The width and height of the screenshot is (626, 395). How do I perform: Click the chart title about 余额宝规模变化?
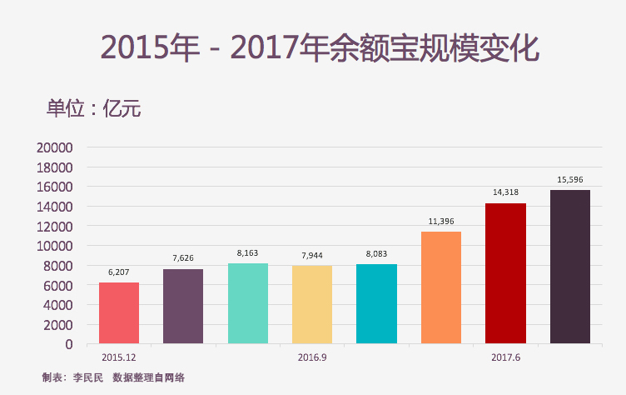(320, 47)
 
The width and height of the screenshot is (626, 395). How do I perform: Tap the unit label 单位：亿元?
(93, 108)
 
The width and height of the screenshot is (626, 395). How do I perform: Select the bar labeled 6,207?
(119, 312)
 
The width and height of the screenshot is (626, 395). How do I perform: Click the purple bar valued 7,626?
(183, 306)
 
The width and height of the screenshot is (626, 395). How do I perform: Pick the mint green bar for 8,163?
(247, 303)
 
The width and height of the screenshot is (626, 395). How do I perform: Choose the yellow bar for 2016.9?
(312, 304)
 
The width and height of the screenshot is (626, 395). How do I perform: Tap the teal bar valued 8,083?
(376, 303)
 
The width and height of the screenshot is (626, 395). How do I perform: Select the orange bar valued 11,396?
(441, 287)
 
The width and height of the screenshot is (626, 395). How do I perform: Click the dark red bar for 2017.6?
(505, 273)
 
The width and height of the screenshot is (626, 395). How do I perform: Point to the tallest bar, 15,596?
(570, 267)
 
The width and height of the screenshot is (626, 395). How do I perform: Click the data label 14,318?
(505, 192)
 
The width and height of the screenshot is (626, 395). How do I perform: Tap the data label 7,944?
(312, 255)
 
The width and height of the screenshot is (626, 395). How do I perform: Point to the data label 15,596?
(570, 180)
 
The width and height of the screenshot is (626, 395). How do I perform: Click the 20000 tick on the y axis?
(56, 147)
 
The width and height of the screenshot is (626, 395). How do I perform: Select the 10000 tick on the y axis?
(56, 246)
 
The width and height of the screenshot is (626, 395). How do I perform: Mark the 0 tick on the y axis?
(68, 344)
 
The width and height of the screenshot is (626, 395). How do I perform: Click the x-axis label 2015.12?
(119, 357)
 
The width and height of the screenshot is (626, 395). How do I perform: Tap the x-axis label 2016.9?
(312, 357)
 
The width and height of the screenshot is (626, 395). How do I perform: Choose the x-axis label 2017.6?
(505, 357)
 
